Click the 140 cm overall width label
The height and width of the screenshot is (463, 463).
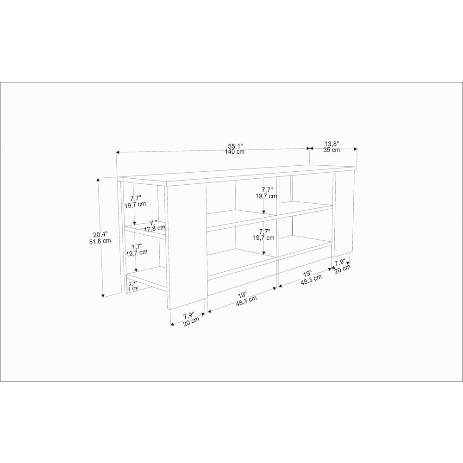pos(235,152)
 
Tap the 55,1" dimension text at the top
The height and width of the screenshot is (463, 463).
pos(235,146)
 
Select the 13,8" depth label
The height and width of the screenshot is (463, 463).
pos(332,144)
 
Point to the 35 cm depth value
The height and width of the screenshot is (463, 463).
pos(332,150)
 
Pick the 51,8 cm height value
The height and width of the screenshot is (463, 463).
pos(100,241)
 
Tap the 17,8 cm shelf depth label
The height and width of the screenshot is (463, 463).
pos(155,228)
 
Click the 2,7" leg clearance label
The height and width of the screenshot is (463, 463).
pos(132,283)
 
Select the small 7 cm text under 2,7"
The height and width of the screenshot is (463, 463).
pos(133,288)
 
